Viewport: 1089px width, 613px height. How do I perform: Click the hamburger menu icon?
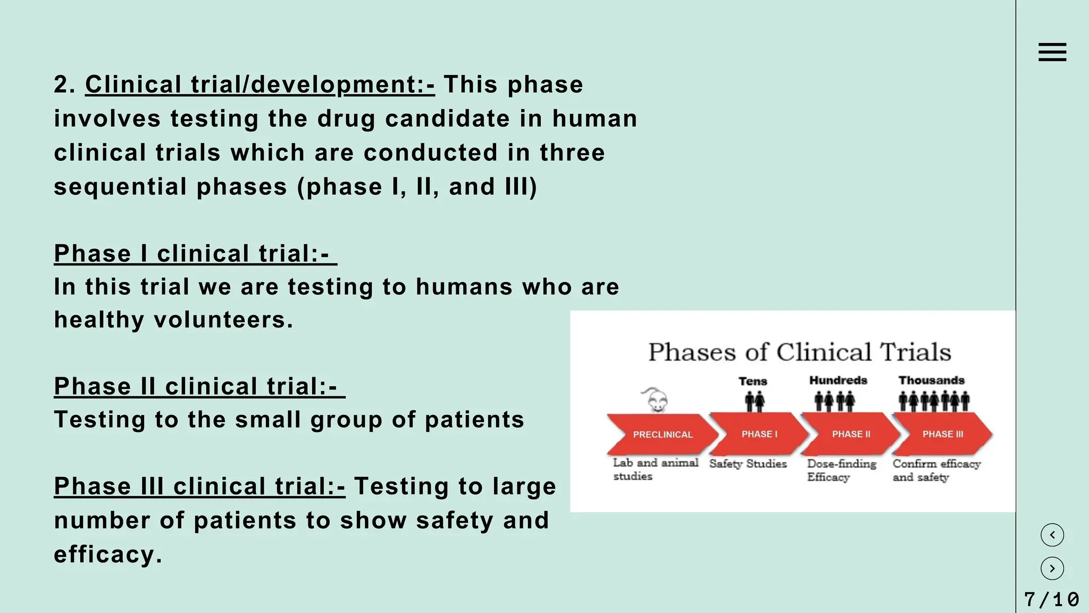(x=1052, y=52)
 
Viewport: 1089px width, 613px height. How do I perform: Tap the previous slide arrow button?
(x=1052, y=535)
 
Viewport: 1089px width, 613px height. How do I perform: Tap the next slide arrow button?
(x=1052, y=568)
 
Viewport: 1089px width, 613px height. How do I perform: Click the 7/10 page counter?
(x=1051, y=600)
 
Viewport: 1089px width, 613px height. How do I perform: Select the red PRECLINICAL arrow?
(x=663, y=434)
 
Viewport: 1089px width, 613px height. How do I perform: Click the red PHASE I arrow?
(x=759, y=434)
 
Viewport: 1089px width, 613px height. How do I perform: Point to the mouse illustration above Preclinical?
(x=656, y=400)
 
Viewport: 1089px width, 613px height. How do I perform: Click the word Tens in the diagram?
(x=752, y=381)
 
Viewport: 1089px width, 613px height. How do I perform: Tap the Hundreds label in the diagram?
(x=838, y=380)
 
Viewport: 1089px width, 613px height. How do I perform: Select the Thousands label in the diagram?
(x=931, y=380)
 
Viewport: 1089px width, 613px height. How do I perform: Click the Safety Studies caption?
(x=748, y=464)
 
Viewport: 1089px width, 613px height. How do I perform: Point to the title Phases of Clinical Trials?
(x=799, y=352)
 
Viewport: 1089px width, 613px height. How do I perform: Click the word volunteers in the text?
(x=223, y=320)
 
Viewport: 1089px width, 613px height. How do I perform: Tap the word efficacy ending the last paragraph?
(x=107, y=554)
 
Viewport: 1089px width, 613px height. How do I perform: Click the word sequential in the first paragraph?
(x=120, y=187)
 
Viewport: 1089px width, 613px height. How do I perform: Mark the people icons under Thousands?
(x=934, y=401)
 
